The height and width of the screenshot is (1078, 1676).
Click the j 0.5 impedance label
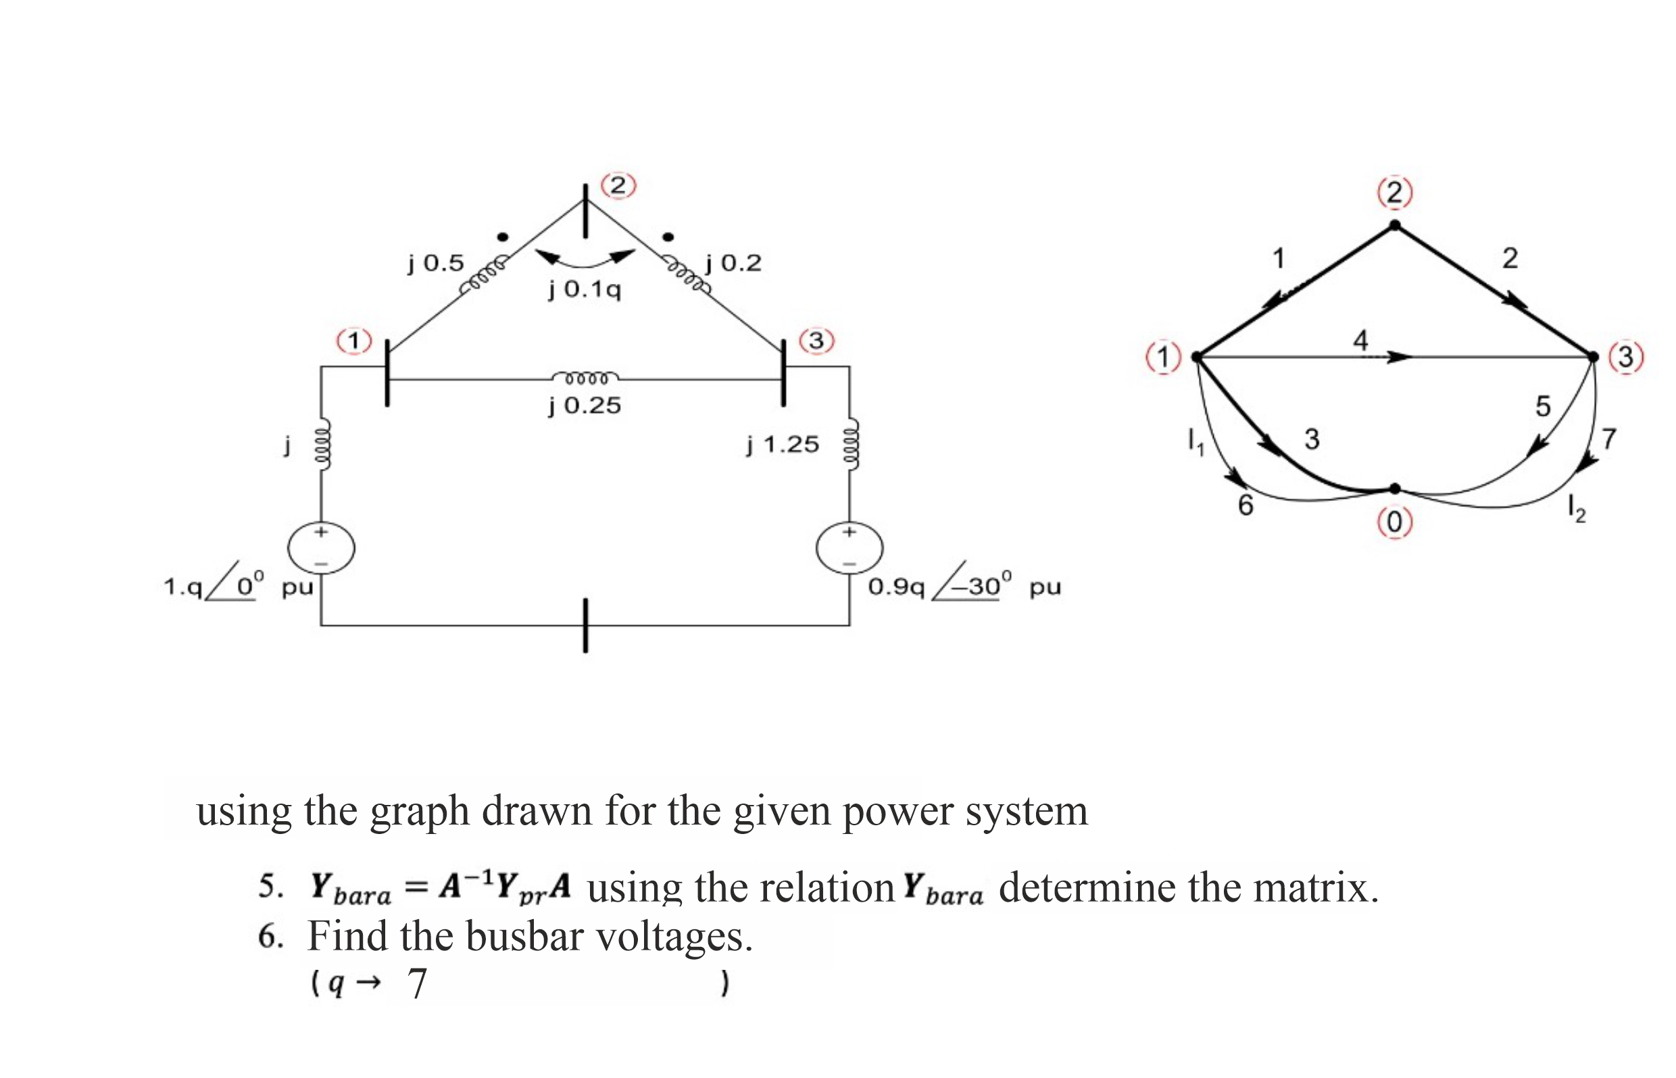[x=435, y=263]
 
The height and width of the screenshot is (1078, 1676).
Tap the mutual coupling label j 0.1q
[x=585, y=289]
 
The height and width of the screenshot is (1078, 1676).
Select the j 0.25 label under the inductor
[x=585, y=406]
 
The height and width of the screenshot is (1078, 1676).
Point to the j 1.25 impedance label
[x=782, y=445]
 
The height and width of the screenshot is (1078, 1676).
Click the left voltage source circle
[x=321, y=548]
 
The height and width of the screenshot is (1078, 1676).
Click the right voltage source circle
[x=849, y=548]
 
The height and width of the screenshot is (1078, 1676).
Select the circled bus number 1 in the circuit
[x=354, y=341]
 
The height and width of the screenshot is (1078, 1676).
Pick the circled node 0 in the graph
[x=1394, y=522]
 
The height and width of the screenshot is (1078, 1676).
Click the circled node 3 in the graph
[x=1625, y=357]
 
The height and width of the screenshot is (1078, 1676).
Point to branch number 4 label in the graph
[x=1360, y=340]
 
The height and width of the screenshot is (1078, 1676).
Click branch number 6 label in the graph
[x=1245, y=506]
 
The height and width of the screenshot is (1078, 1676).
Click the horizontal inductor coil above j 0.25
[x=585, y=378]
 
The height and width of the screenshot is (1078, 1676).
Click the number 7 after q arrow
[x=416, y=984]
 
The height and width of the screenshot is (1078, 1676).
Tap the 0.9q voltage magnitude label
[x=895, y=587]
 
